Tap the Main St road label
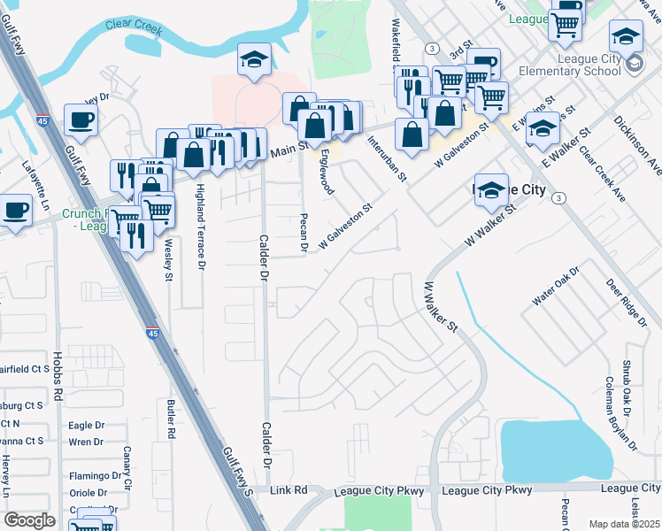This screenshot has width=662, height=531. pyautogui.click(x=288, y=150)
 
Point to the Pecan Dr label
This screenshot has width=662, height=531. pyautogui.click(x=304, y=232)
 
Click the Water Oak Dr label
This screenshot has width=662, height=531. pyautogui.click(x=555, y=285)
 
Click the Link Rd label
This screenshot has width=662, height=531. pyautogui.click(x=289, y=489)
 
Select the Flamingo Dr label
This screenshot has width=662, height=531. pyautogui.click(x=96, y=475)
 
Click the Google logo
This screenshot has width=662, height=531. pyautogui.click(x=29, y=519)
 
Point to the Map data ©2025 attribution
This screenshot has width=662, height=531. pyautogui.click(x=623, y=524)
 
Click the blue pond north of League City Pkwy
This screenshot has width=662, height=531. pyautogui.click(x=555, y=450)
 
